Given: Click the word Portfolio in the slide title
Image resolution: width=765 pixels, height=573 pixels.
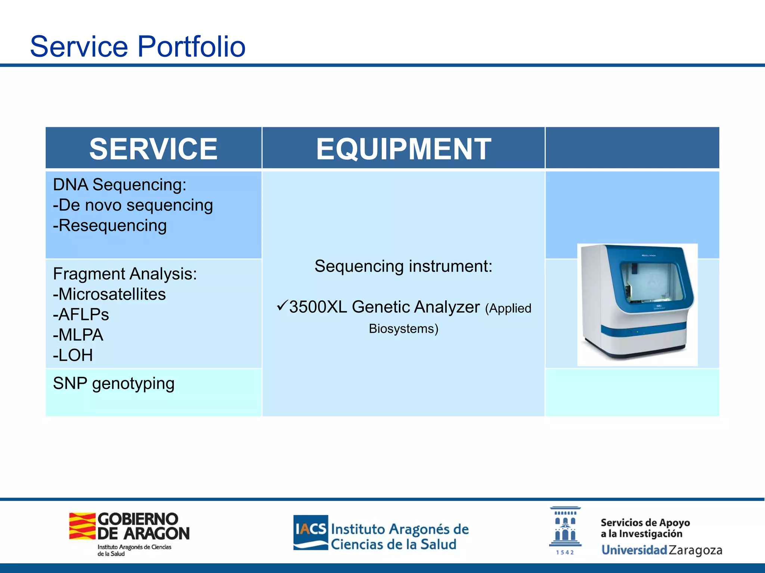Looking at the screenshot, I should [191, 47].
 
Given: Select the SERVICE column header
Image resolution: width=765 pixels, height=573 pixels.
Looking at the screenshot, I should [153, 149].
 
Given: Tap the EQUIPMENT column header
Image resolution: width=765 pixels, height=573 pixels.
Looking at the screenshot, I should [403, 149].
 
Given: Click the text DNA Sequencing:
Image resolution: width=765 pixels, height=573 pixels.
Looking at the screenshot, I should [120, 185].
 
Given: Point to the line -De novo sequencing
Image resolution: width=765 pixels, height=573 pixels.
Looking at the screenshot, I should [133, 205].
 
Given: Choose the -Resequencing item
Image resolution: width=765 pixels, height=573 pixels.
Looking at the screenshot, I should [110, 226].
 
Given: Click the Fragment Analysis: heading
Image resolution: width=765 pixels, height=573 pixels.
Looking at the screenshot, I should [125, 274].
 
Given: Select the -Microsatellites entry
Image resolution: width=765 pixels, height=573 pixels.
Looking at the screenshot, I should [109, 294].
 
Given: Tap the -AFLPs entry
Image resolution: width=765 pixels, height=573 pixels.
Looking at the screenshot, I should [81, 314].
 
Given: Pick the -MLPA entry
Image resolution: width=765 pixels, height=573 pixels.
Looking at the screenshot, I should [78, 335].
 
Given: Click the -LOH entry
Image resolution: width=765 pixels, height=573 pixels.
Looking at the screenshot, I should [73, 355].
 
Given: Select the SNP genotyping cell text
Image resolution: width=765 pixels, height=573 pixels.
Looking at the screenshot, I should [114, 383].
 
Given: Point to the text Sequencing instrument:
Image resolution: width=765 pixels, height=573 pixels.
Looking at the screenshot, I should [403, 266].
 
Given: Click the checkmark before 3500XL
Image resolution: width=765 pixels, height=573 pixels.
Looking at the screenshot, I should [282, 306].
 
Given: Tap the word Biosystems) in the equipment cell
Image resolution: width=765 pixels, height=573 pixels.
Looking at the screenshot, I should [403, 329].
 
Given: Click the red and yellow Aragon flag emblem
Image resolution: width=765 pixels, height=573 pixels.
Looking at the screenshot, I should [82, 526].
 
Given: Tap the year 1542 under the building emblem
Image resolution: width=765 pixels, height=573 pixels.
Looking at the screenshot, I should [565, 552].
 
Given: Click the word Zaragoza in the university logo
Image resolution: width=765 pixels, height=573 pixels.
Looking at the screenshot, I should [695, 550].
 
